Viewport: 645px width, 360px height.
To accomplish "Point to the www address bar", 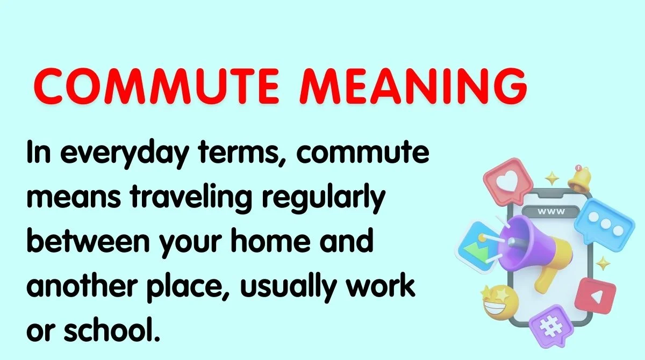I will [551, 211].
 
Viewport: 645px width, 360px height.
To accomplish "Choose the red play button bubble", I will [596, 296].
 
